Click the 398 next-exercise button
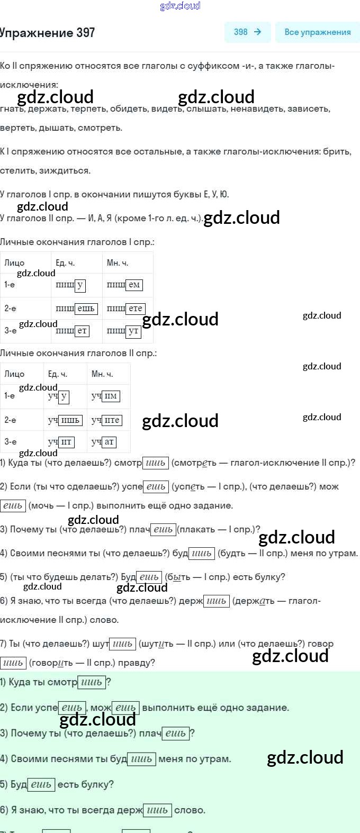tap(247, 32)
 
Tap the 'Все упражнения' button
tap(317, 32)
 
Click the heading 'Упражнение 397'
tap(48, 33)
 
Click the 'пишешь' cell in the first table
tap(77, 309)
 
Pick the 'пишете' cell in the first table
tap(126, 309)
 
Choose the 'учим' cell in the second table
tap(106, 396)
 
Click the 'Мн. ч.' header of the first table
tap(118, 263)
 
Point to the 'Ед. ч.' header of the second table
tap(57, 374)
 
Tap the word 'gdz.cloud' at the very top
tap(180, 6)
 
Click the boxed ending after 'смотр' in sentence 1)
tap(156, 463)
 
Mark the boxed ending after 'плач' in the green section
tap(175, 734)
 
